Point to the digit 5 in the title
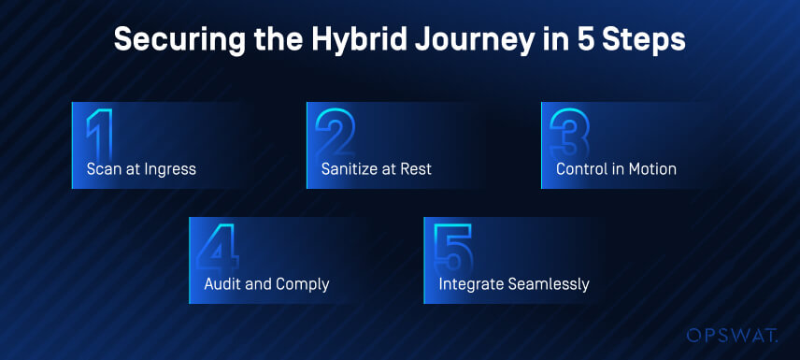tap(587, 39)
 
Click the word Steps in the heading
tap(647, 39)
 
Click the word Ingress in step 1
tap(171, 170)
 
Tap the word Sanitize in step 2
tap(348, 169)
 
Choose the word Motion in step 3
tap(651, 169)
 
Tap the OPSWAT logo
tap(732, 336)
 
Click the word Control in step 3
tap(581, 169)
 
